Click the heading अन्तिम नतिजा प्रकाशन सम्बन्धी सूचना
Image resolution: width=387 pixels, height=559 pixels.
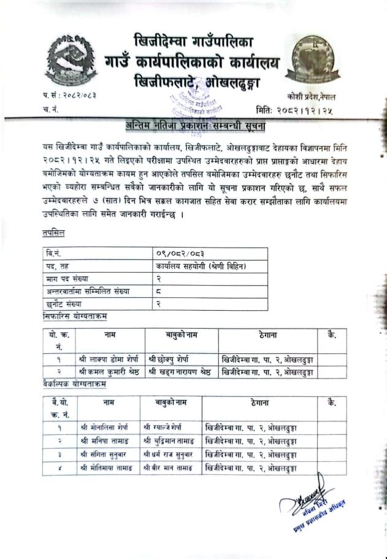[193, 127]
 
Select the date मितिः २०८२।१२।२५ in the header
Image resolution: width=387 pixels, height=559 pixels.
[298, 111]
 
